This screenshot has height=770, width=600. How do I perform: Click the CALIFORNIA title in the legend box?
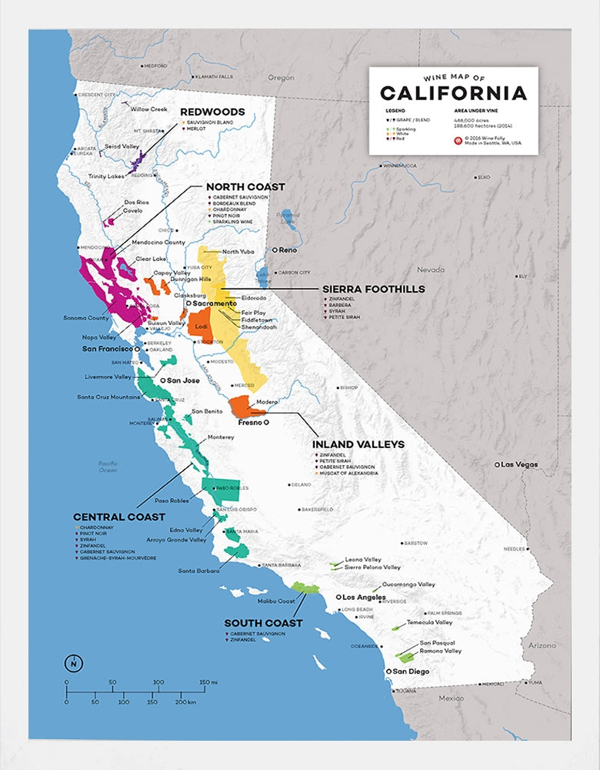pos(453,93)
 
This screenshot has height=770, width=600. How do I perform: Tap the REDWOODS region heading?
pos(212,112)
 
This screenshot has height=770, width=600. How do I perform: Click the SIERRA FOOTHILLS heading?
pos(372,290)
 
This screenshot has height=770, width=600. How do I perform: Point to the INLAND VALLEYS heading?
pos(358,444)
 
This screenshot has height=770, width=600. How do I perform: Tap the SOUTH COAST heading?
pos(263,623)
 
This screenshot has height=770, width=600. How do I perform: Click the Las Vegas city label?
pos(521,464)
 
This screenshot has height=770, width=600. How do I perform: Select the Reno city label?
pos(287,250)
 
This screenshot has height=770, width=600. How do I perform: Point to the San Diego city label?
pos(411,671)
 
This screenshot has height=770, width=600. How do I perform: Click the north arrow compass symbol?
pos(72,663)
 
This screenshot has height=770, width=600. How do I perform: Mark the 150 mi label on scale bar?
pos(207,682)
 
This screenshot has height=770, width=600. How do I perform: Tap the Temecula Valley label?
pos(429,622)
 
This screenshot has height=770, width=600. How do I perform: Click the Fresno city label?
pos(247,423)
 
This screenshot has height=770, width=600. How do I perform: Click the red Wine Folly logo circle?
pos(459,140)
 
